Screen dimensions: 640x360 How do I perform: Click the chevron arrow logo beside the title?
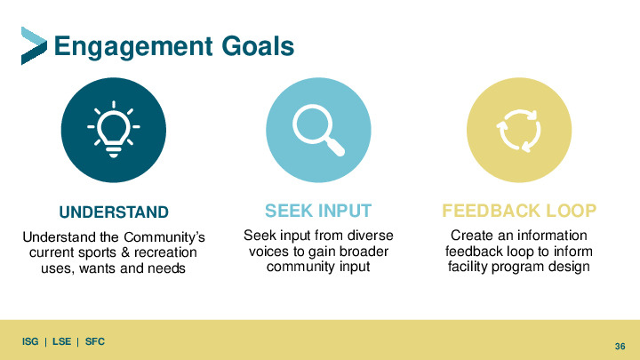34,45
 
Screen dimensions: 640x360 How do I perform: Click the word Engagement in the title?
133,47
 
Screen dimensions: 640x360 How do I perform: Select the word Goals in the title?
258,45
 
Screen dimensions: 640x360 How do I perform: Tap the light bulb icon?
114,129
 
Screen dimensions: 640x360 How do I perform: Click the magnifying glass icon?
318,130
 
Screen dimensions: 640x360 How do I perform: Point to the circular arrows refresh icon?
519,131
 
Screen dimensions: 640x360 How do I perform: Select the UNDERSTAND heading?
114,212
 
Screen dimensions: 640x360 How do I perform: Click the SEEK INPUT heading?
318,211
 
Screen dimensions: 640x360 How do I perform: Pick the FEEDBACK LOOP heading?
519,211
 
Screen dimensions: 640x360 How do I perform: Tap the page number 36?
620,346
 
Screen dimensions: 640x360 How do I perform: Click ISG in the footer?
30,341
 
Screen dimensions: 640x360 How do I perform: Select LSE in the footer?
61,341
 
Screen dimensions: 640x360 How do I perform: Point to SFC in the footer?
95,341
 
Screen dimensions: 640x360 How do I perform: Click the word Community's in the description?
164,237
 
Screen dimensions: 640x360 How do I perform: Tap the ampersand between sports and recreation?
125,252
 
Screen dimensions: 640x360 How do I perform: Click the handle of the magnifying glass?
335,146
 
